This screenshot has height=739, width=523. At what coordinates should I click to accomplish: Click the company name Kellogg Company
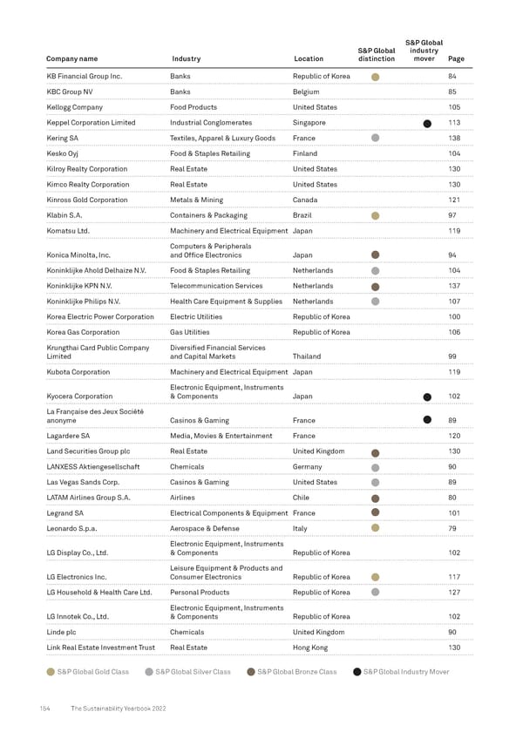[74, 107]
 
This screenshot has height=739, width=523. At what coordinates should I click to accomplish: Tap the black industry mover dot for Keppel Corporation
[427, 123]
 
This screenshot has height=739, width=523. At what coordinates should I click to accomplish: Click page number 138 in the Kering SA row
[453, 138]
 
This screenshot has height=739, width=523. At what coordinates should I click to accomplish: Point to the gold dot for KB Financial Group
[375, 77]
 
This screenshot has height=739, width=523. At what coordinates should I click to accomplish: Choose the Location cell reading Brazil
[304, 214]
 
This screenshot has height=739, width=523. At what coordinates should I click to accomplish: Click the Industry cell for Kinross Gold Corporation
[196, 200]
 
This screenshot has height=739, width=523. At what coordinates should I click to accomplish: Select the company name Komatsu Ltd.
[70, 230]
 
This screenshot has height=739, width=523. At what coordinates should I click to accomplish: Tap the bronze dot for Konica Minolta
[375, 255]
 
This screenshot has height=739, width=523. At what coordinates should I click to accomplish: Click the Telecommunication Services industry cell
[216, 286]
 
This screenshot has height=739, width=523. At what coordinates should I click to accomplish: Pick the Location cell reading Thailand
[309, 356]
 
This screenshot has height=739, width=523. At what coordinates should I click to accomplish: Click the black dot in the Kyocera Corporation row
[427, 397]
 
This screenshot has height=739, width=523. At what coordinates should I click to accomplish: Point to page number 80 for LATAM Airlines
[452, 497]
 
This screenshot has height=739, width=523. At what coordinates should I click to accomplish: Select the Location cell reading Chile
[302, 497]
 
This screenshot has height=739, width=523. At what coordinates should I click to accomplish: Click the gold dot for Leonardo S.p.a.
[375, 527]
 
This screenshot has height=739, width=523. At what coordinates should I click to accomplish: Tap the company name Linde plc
[63, 632]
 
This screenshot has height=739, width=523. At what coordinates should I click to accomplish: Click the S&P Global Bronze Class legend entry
[291, 672]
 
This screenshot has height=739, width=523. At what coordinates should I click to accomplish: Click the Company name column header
[71, 59]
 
